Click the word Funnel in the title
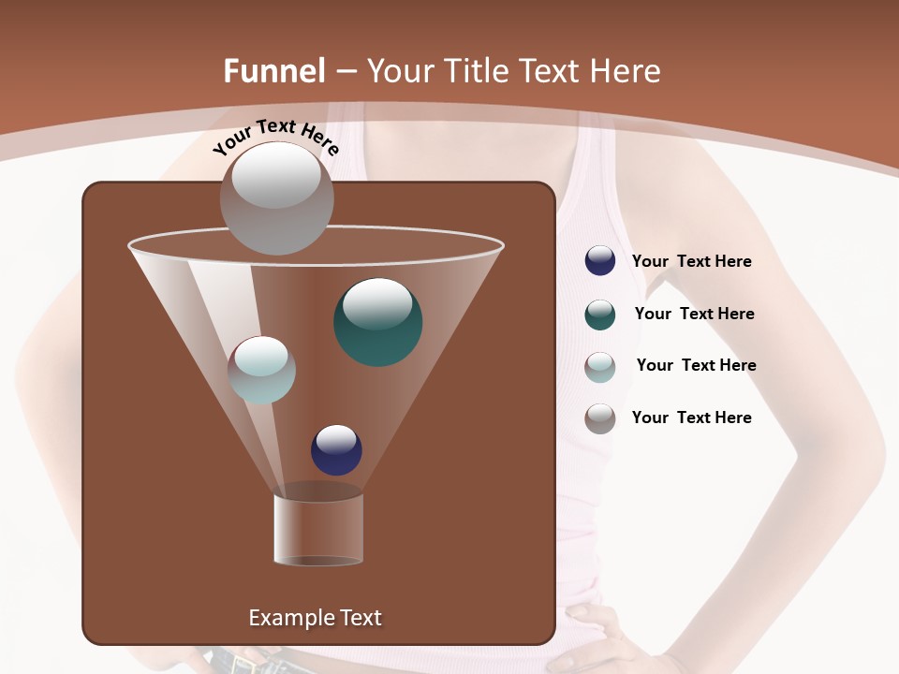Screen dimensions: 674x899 coord(273,71)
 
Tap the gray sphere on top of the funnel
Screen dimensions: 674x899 coord(276,198)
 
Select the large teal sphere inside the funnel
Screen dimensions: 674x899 coord(377,322)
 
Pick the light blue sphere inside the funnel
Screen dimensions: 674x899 coord(261,370)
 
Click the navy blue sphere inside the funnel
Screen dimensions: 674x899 coord(336,450)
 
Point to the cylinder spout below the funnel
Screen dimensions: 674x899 coord(318,530)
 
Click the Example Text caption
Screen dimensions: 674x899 coord(315,618)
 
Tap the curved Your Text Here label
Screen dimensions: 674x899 coord(275,137)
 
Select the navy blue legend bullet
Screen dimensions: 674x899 coord(600,261)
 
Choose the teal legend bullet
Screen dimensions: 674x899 coord(600,315)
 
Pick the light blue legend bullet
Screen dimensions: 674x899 coord(600,367)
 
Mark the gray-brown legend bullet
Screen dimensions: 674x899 coord(600,418)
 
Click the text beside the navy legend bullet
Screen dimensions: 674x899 coord(691,262)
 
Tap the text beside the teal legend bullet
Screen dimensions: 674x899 coord(694,315)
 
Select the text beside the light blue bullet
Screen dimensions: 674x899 coord(696,366)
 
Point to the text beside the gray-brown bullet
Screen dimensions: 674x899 coord(691,418)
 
